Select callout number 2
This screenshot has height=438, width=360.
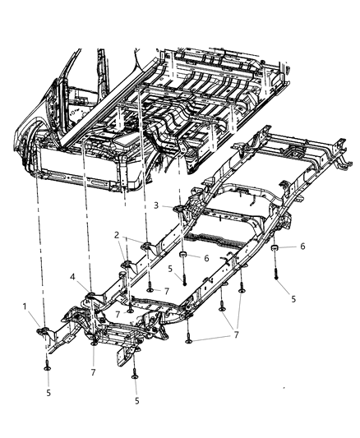click(x=118, y=235)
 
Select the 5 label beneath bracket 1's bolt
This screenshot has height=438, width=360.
click(x=48, y=394)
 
